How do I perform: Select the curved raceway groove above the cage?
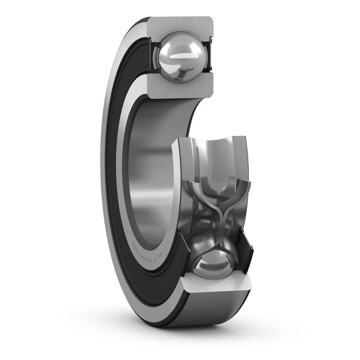(211, 153)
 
